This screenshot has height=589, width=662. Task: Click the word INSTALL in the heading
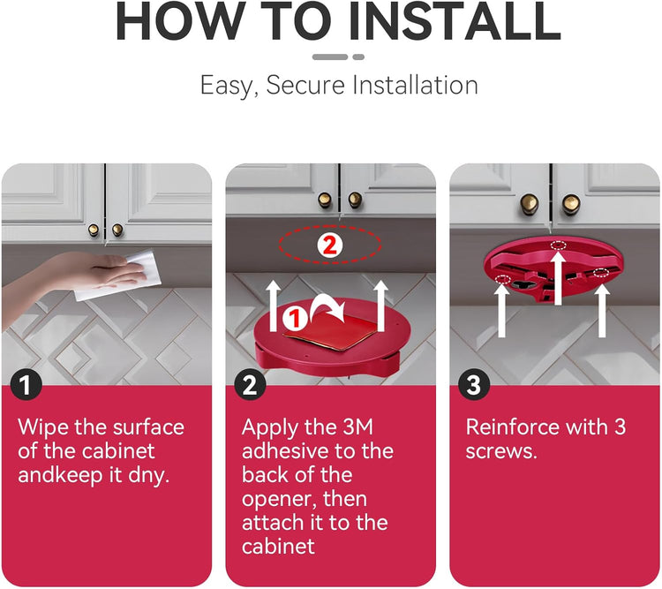click(455, 21)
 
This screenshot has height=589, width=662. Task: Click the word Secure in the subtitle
click(305, 85)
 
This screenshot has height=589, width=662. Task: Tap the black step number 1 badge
click(26, 385)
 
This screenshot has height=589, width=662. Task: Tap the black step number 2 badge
click(250, 385)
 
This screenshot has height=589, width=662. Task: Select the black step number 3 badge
click(474, 385)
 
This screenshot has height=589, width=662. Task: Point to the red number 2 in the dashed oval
click(330, 245)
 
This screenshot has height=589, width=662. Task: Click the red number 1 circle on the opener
click(295, 318)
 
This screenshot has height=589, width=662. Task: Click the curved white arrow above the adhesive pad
click(327, 310)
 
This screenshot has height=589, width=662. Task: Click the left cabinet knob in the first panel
click(94, 230)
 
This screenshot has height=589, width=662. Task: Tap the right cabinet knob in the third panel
click(570, 204)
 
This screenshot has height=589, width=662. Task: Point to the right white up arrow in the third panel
click(602, 311)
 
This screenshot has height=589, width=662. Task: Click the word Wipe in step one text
click(43, 427)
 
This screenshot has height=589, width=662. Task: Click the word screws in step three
click(501, 452)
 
